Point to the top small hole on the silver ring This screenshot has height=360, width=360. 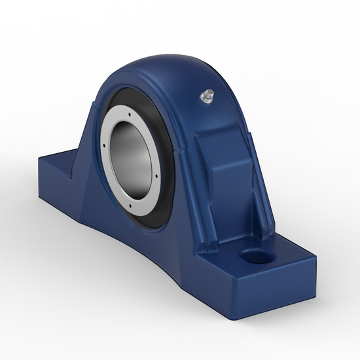124,105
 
